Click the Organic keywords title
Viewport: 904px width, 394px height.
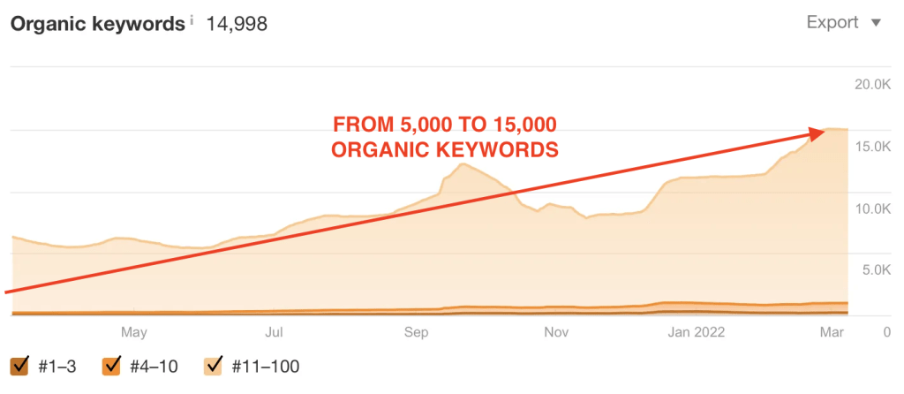(x=98, y=24)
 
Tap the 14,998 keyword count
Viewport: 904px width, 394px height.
(x=237, y=24)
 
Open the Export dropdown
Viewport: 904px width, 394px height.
(x=844, y=23)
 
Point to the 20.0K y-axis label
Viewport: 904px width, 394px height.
(x=872, y=86)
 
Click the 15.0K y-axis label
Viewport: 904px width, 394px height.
(x=872, y=148)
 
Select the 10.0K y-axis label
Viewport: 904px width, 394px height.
(x=872, y=208)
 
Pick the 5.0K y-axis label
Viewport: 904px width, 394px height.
(x=876, y=270)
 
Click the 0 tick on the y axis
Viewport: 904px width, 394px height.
(x=887, y=332)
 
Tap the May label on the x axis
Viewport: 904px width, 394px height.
(x=134, y=332)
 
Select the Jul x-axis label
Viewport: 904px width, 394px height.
(x=274, y=332)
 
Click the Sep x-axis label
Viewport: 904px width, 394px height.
(x=417, y=332)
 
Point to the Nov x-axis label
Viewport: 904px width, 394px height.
(x=556, y=332)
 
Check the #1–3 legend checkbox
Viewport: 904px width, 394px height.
(x=19, y=366)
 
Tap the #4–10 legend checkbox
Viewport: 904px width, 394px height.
(x=110, y=366)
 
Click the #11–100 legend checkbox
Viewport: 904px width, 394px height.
(x=215, y=366)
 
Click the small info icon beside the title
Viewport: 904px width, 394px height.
(x=192, y=20)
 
